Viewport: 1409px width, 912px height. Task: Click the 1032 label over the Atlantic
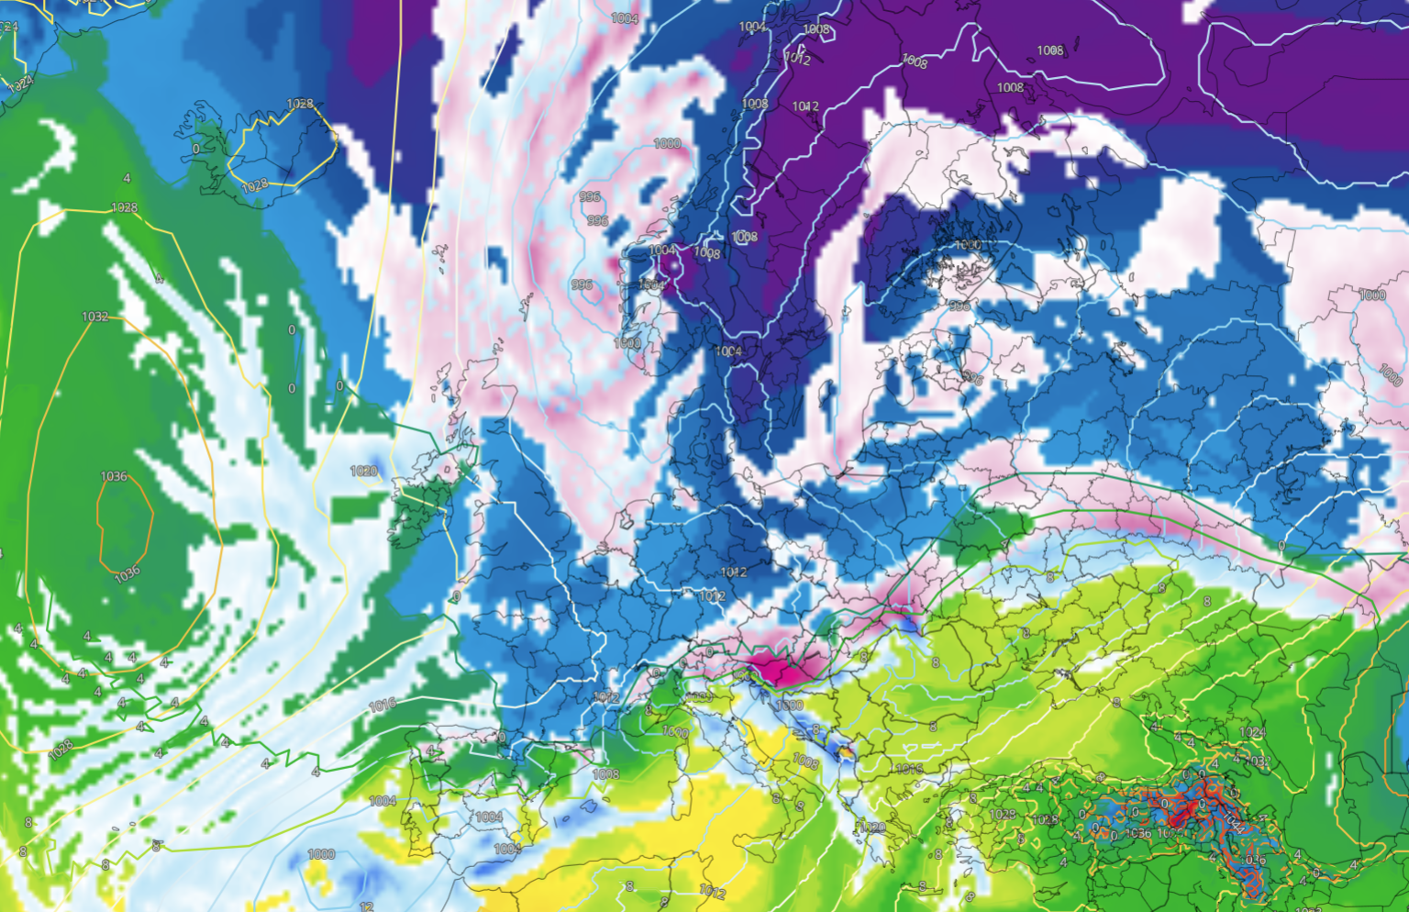pos(95,317)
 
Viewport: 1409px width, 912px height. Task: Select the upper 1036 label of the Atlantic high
pos(114,476)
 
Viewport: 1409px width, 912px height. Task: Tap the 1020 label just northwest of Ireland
pos(363,471)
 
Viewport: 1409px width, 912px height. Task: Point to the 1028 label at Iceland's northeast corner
pos(300,105)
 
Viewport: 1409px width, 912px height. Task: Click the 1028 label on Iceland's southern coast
pos(255,185)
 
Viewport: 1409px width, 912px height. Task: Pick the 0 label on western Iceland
pos(195,149)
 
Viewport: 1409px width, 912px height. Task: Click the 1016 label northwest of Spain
pos(383,705)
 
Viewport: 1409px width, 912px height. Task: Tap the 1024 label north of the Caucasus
pos(1252,732)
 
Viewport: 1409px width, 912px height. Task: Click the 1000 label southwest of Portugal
pos(321,854)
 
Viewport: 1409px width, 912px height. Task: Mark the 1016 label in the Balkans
pos(908,769)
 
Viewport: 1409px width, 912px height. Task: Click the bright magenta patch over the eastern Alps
pos(780,668)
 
